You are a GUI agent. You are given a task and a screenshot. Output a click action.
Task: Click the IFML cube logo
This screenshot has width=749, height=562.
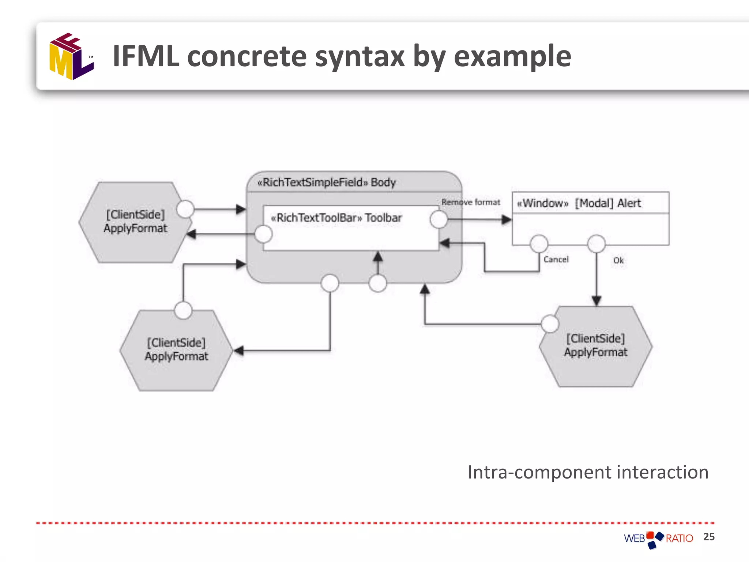71,57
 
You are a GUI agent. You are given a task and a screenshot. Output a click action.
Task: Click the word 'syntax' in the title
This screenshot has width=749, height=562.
360,57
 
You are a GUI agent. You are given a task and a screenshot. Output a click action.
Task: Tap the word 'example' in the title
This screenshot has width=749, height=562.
512,57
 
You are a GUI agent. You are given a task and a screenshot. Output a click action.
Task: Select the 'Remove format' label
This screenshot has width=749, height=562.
471,202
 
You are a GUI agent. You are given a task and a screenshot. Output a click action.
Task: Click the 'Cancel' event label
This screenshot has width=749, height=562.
556,259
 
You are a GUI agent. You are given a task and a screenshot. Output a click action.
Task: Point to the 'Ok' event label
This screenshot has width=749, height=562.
618,261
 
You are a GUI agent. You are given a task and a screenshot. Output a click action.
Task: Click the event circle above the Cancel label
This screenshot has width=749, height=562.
539,244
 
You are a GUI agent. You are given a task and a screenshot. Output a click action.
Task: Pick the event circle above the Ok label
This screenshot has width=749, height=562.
596,244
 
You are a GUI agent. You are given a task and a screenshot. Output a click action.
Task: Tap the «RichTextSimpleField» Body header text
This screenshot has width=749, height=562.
327,182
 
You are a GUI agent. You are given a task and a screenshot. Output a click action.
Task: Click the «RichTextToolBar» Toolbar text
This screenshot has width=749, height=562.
336,218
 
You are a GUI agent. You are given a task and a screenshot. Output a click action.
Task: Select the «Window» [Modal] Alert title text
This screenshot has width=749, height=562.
579,203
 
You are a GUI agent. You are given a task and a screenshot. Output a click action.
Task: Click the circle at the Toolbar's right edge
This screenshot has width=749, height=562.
439,220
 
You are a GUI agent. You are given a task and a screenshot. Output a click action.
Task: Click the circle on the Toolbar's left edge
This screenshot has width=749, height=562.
263,234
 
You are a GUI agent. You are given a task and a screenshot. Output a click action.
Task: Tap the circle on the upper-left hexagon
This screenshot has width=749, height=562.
185,209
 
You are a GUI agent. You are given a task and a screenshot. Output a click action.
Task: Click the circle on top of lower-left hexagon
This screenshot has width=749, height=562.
183,310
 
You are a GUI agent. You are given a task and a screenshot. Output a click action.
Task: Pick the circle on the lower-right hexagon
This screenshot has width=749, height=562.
550,324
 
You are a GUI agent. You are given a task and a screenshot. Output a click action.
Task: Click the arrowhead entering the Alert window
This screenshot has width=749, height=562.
507,220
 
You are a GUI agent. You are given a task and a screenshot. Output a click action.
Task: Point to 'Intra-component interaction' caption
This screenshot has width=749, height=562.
588,472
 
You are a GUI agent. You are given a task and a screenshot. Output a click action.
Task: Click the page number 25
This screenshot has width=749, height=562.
709,537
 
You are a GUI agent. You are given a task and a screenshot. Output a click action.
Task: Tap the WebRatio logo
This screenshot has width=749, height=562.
658,539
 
